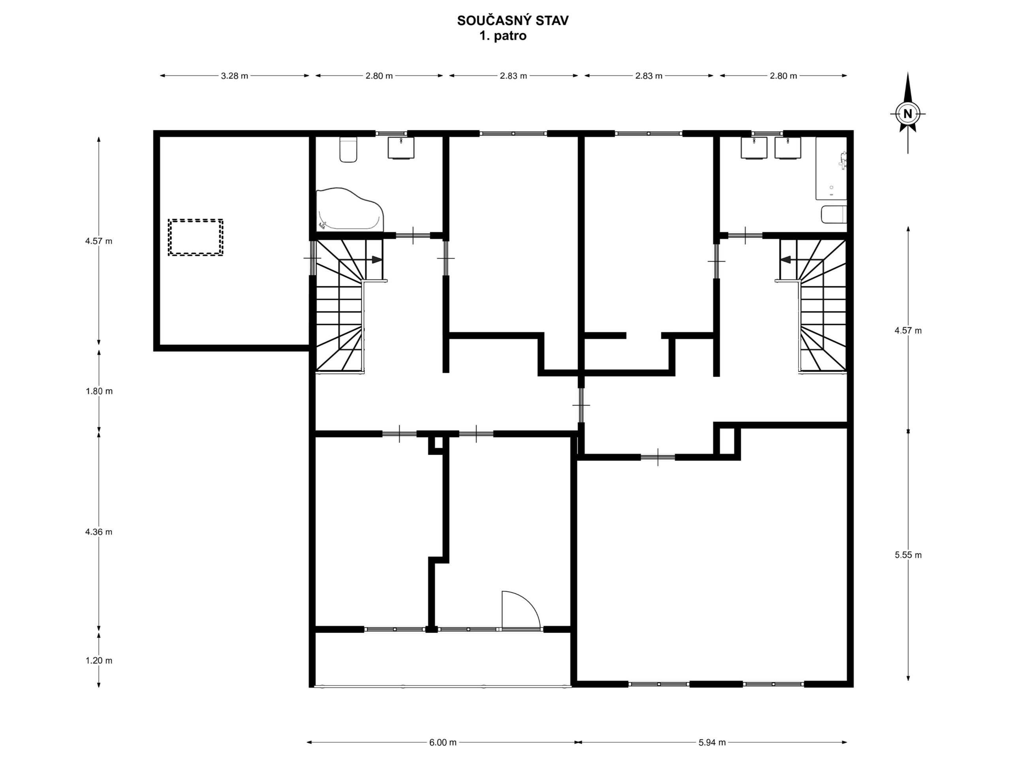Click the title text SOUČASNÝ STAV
[x=513, y=21]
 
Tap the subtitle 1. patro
[x=503, y=36]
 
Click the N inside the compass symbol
[x=908, y=113]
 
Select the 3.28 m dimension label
[x=235, y=76]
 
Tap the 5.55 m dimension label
[x=908, y=555]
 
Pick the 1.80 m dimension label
[x=99, y=391]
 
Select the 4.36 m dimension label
[x=99, y=532]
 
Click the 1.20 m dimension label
[x=99, y=661]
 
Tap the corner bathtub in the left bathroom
[x=350, y=209]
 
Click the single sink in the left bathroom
[x=401, y=147]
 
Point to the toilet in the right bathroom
[x=834, y=215]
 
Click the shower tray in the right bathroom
[x=831, y=168]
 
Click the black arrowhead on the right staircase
[x=785, y=259]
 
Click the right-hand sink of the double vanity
[x=788, y=148]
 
